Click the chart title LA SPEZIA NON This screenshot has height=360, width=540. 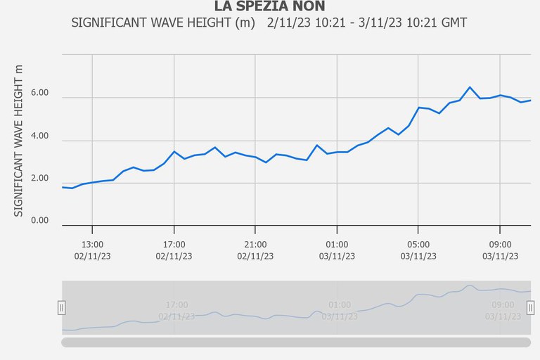pyautogui.click(x=269, y=7)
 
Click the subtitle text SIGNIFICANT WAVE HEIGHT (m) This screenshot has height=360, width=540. pyautogui.click(x=163, y=23)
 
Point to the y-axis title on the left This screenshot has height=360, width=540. pyautogui.click(x=19, y=141)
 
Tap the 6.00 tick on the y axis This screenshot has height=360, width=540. pyautogui.click(x=39, y=93)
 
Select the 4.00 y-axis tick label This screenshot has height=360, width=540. pyautogui.click(x=39, y=136)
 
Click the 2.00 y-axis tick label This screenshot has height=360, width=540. pyautogui.click(x=39, y=179)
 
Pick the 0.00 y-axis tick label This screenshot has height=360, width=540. pyautogui.click(x=39, y=221)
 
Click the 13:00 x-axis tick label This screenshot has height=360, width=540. pyautogui.click(x=93, y=244)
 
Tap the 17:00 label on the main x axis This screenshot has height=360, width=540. pyautogui.click(x=174, y=244)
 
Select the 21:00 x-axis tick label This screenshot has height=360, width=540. pyautogui.click(x=255, y=244)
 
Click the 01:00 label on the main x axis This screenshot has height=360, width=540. pyautogui.click(x=337, y=244)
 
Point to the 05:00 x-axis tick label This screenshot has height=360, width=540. pyautogui.click(x=418, y=244)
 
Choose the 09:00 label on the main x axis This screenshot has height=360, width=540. pyautogui.click(x=500, y=244)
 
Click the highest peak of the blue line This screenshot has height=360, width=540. pyautogui.click(x=470, y=87)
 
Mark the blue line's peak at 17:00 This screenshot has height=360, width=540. pyautogui.click(x=174, y=151)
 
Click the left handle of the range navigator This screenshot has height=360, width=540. pyautogui.click(x=61, y=307)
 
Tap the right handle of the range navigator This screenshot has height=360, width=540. pyautogui.click(x=530, y=307)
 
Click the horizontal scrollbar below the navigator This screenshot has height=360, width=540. pyautogui.click(x=296, y=342)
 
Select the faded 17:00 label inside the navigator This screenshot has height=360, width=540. pyautogui.click(x=176, y=305)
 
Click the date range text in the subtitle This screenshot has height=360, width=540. pyautogui.click(x=367, y=23)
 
